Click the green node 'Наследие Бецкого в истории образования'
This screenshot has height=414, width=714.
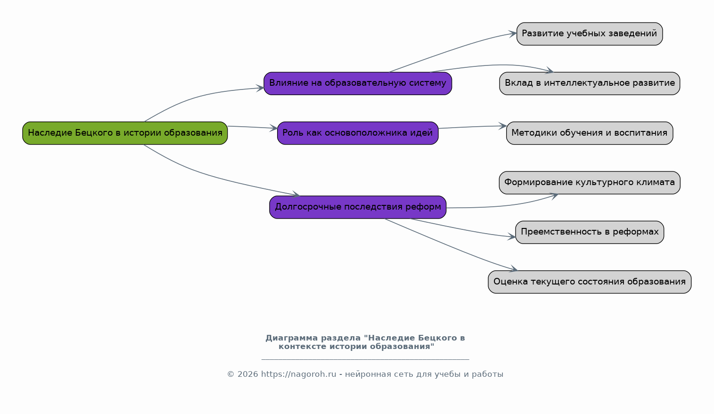pyautogui.click(x=125, y=133)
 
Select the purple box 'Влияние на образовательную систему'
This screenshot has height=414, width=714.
pyautogui.click(x=358, y=83)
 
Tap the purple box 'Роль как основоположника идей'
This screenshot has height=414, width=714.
pyautogui.click(x=358, y=133)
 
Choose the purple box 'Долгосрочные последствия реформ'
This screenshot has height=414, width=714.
pyautogui.click(x=358, y=207)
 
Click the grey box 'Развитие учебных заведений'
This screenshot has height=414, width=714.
pyautogui.click(x=590, y=34)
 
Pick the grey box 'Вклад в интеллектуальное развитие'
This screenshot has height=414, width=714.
pyautogui.click(x=590, y=83)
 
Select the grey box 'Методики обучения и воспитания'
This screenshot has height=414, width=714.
pyautogui.click(x=590, y=133)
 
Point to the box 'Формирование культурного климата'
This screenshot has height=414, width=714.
pyautogui.click(x=590, y=183)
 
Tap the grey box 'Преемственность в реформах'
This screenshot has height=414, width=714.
pyautogui.click(x=590, y=232)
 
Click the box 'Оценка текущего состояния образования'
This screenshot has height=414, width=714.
pyautogui.click(x=590, y=282)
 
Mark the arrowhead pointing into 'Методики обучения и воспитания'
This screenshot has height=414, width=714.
pyautogui.click(x=503, y=126)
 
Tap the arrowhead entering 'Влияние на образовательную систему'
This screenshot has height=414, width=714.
pyautogui.click(x=260, y=88)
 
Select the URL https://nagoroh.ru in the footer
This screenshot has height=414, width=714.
pyautogui.click(x=299, y=374)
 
